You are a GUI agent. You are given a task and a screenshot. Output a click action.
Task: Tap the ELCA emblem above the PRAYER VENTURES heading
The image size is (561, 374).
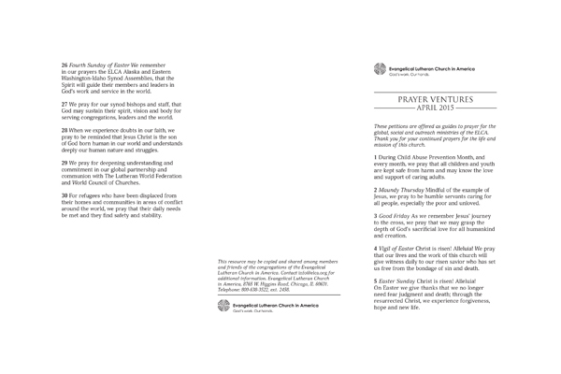[x=380, y=67]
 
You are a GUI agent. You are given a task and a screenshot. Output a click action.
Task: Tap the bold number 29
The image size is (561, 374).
[x=65, y=162]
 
